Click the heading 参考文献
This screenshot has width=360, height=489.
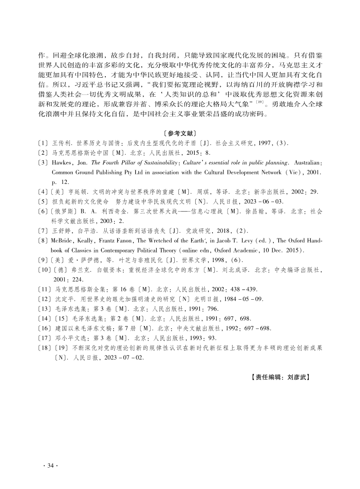(180, 133)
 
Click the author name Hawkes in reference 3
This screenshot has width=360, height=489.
(62, 162)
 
